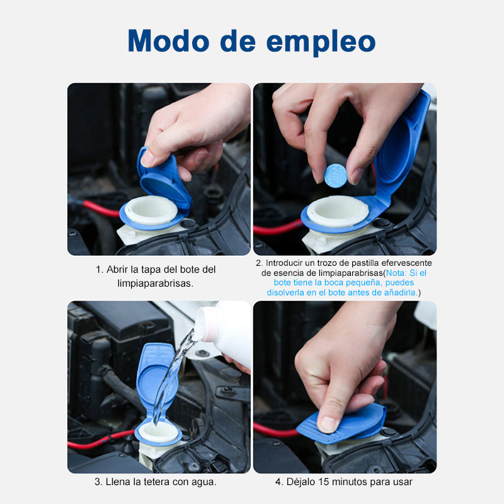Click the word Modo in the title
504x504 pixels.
pyautogui.click(x=169, y=41)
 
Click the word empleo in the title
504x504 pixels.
pyautogui.click(x=321, y=42)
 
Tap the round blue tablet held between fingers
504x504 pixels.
pyautogui.click(x=336, y=176)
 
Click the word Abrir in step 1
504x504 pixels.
pyautogui.click(x=117, y=270)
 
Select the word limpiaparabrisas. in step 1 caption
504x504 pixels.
pyautogui.click(x=155, y=283)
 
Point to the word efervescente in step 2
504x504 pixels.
pyautogui.click(x=404, y=263)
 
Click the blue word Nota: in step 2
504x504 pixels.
pyautogui.click(x=396, y=273)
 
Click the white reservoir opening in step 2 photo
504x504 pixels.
pyautogui.click(x=337, y=211)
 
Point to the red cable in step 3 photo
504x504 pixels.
pyautogui.click(x=102, y=438)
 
